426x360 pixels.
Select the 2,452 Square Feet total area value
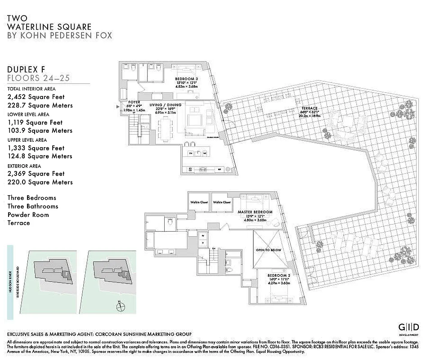tap(36, 97)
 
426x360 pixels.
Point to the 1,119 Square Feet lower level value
tap(35, 122)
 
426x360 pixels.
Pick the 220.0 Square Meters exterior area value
tap(40, 182)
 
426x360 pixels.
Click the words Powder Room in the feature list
tap(28, 215)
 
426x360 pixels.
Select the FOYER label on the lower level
tap(134, 103)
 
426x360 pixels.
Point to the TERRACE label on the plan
tap(310, 108)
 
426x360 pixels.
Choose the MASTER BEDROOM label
tap(256, 212)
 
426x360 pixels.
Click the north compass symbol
tap(120, 307)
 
